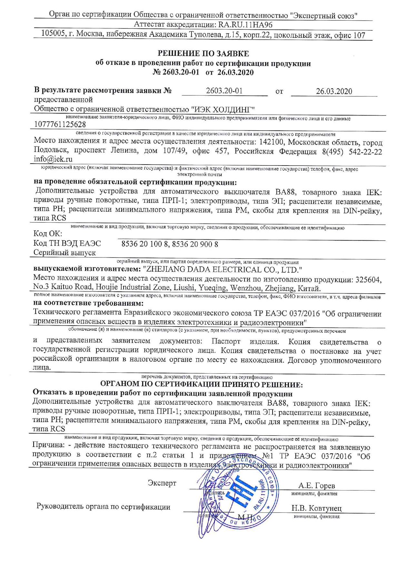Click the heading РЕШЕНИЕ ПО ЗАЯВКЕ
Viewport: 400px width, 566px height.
coord(203,54)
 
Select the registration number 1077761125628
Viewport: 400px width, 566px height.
coord(60,124)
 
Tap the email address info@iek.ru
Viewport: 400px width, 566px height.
coord(53,159)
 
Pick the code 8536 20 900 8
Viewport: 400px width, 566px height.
coord(195,244)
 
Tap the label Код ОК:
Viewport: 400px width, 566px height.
coord(48,233)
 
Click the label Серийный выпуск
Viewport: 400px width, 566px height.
coord(65,253)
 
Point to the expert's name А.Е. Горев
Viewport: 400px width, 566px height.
coord(317,486)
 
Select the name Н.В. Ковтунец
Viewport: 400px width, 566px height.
coord(316,508)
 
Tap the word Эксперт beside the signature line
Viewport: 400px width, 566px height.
coord(162,483)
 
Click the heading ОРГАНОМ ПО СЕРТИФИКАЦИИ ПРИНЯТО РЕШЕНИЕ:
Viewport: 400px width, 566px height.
coord(202,384)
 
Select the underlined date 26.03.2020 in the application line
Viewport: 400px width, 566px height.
coord(334,91)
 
